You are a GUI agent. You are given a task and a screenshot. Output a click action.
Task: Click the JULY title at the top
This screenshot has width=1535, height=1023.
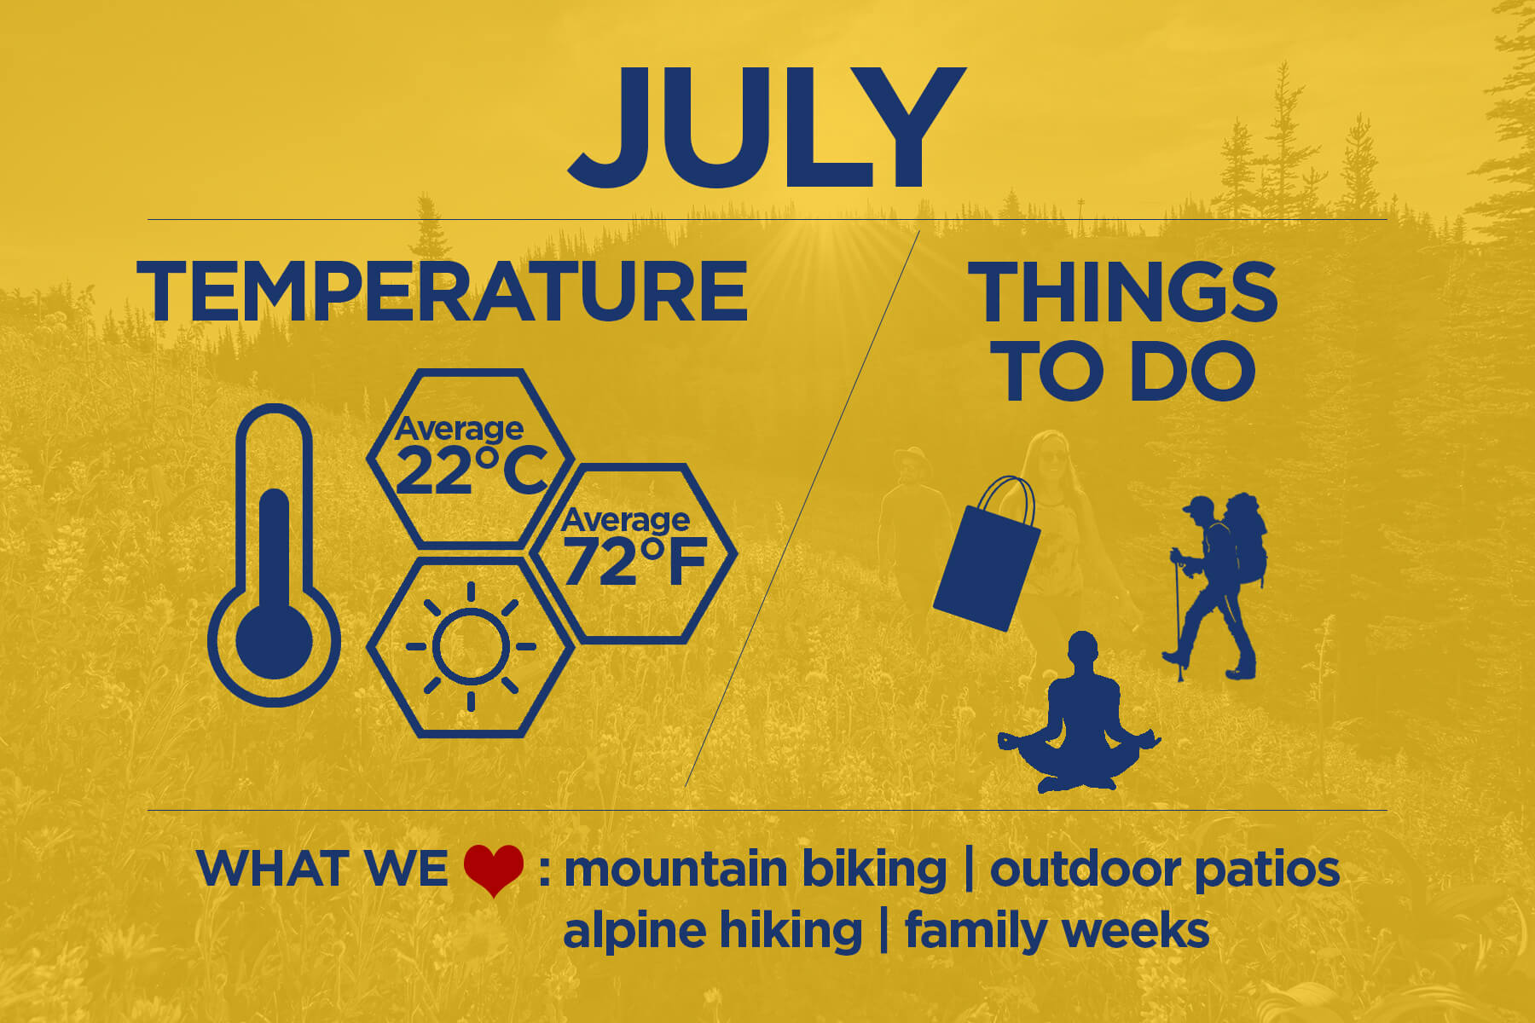(766, 127)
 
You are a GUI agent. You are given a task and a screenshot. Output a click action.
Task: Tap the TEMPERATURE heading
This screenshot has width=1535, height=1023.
(442, 292)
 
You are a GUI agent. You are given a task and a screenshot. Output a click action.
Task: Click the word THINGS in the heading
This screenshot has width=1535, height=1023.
(1122, 292)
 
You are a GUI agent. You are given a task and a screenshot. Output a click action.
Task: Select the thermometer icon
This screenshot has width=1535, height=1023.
(274, 555)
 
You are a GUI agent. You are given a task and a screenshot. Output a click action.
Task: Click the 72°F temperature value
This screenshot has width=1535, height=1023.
(635, 562)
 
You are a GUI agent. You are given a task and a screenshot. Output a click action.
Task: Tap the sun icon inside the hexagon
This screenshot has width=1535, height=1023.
(471, 646)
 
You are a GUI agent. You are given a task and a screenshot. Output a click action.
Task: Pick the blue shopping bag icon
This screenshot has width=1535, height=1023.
(987, 553)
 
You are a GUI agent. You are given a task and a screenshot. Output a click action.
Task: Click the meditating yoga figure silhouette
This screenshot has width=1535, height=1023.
(1080, 713)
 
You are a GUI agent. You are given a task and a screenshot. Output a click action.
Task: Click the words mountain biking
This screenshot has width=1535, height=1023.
(756, 870)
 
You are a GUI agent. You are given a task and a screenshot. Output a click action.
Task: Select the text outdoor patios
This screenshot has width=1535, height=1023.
(1165, 870)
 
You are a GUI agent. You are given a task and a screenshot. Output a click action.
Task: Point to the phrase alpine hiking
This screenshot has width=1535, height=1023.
(713, 930)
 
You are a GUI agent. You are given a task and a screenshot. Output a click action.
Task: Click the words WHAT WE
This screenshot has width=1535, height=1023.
(322, 869)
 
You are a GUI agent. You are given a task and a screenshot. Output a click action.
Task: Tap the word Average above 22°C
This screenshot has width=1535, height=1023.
(459, 428)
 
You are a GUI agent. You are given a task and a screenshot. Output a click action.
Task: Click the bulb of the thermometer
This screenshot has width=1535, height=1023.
(274, 640)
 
